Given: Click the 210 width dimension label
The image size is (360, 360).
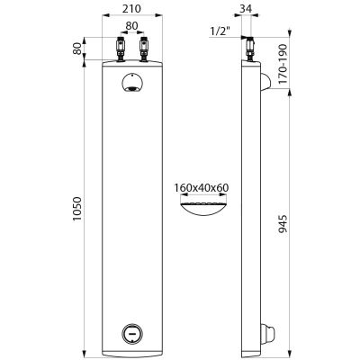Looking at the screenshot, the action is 131,9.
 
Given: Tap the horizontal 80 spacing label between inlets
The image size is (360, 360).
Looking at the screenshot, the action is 131,26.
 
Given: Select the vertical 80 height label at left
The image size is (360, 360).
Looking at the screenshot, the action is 77,49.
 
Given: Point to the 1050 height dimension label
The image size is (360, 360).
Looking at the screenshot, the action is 77,209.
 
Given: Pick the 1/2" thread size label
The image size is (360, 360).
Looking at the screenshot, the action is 220,31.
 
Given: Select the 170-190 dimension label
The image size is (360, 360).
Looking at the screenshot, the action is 283,64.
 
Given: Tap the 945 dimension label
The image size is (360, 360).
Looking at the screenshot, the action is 283,223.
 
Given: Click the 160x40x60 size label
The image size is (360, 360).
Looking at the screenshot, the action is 202,188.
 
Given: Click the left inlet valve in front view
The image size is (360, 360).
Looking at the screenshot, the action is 121,49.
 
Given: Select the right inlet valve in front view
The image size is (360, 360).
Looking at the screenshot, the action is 144,49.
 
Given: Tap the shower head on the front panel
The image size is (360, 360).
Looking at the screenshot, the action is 132,83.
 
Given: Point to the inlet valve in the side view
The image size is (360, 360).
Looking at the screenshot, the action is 249,49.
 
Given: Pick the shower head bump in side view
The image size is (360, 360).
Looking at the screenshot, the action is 265,82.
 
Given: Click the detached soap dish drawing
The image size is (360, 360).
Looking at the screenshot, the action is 203,209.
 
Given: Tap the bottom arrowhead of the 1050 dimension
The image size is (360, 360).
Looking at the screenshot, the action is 85,352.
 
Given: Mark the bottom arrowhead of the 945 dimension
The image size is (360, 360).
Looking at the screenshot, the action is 290,351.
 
